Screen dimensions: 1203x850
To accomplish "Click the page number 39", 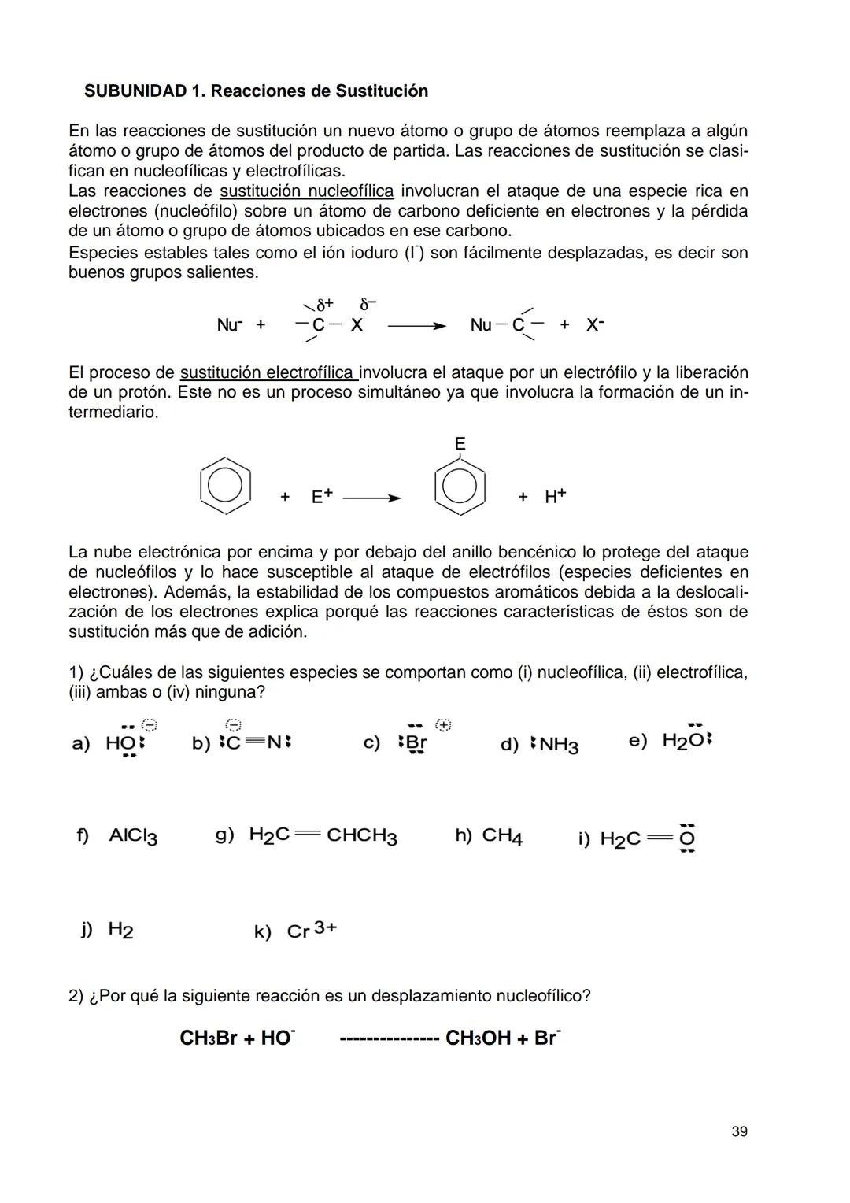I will tap(739, 1131).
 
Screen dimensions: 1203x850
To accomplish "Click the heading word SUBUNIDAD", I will tap(135, 91).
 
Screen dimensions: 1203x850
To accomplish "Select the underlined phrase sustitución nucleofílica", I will tap(306, 191).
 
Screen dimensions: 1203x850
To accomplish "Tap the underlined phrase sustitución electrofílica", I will tap(269, 372).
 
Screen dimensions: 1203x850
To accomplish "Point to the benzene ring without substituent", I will tap(225, 485).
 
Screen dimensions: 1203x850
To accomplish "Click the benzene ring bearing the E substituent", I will tap(460, 487).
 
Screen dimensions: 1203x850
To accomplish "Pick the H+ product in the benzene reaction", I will tap(555, 496).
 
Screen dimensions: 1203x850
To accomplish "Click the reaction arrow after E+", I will tap(371, 498).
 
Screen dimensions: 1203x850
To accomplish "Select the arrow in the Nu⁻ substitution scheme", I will tap(416, 326).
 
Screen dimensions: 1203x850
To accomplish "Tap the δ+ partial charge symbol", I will tap(324, 305).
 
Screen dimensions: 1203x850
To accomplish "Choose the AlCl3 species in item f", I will tap(133, 836).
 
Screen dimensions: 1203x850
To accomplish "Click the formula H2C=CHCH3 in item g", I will tap(323, 835).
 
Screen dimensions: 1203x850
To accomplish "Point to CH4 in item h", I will tap(501, 835).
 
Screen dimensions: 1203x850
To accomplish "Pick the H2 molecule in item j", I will tap(120, 930).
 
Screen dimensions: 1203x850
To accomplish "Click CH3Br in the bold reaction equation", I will tap(208, 1038).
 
